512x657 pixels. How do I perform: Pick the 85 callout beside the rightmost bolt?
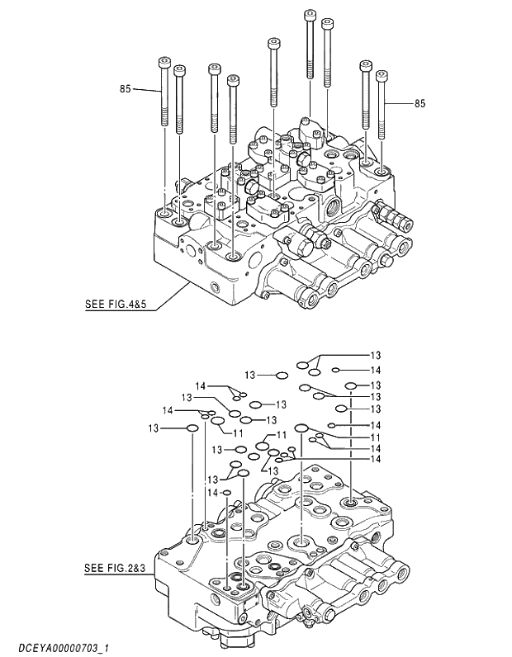pos(420,104)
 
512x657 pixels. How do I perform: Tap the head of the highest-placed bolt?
pos(310,14)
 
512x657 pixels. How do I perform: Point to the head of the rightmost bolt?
pos(382,75)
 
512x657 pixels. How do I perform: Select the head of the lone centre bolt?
pos(273,42)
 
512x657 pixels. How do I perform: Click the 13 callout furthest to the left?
pos(154,428)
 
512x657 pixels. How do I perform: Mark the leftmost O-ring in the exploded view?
pos(192,428)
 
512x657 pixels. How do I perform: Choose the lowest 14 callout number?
pos(212,493)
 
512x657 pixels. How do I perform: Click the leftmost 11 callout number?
pos(238,432)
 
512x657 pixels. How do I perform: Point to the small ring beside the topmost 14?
pos(336,370)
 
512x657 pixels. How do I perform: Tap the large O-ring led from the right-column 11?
pos(301,428)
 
